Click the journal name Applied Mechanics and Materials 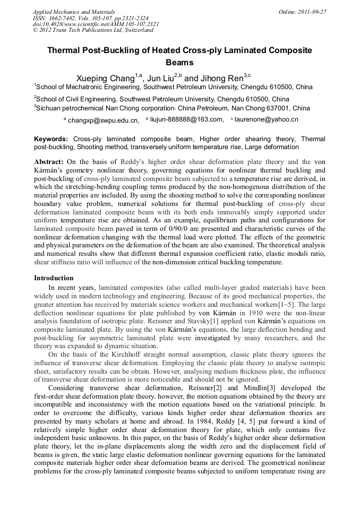(73, 11)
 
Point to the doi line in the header (96, 24)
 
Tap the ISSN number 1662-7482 (64, 18)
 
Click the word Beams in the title (180, 62)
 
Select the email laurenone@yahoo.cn (266, 120)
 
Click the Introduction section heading (54, 278)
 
